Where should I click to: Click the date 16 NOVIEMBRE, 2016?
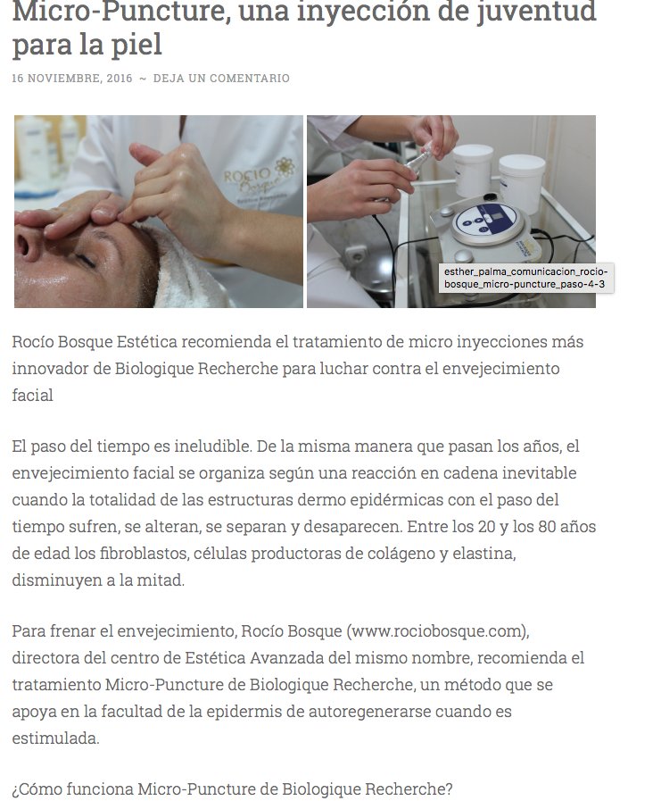72,79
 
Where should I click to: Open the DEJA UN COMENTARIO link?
221,79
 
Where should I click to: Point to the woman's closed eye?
84,259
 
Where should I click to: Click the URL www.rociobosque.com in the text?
437,631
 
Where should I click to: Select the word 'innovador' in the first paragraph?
53,368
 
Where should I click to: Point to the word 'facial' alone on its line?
32,395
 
